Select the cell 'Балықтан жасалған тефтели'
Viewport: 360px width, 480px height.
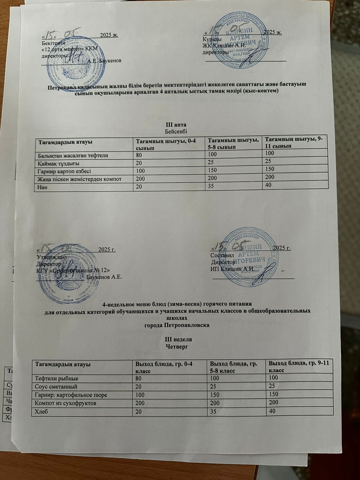(73, 155)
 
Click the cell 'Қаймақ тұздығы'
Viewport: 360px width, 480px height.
(58, 163)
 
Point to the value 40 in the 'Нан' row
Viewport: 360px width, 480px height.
(268, 185)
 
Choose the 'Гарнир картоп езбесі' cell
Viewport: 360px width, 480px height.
(64, 171)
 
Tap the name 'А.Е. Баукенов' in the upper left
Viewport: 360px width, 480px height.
(105, 61)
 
